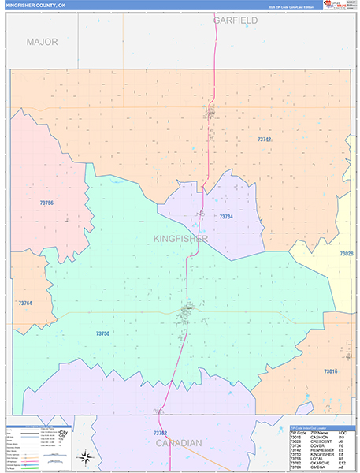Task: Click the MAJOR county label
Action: [42, 42]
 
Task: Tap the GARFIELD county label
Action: [235, 20]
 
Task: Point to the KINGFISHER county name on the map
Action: [181, 238]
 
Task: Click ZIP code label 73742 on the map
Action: [265, 139]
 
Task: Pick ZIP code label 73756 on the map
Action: [46, 203]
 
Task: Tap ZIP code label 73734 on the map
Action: [226, 216]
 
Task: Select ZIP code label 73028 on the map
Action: [347, 254]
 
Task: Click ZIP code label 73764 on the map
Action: [25, 303]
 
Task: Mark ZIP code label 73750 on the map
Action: [102, 333]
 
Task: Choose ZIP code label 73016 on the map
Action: [330, 371]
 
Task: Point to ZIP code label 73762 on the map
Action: [160, 433]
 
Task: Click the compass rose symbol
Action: [84, 456]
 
